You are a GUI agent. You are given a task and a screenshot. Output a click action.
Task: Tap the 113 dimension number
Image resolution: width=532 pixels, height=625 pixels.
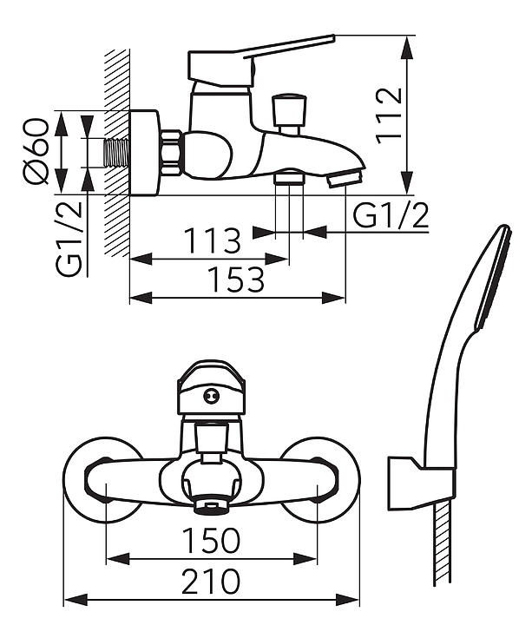pyautogui.click(x=212, y=240)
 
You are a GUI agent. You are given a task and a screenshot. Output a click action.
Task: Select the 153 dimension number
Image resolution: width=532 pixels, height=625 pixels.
pyautogui.click(x=236, y=279)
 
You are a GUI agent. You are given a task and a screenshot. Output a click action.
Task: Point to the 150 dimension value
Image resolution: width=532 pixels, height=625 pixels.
pyautogui.click(x=211, y=540)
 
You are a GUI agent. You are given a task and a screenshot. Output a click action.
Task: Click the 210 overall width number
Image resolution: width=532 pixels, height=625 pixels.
pyautogui.click(x=211, y=581)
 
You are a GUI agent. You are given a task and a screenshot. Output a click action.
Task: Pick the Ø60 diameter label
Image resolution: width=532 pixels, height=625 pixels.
pyautogui.click(x=36, y=152)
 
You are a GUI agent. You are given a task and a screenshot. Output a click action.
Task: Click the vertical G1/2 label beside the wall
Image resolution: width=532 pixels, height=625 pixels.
pyautogui.click(x=69, y=239)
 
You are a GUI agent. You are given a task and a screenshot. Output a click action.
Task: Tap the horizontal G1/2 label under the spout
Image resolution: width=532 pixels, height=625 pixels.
pyautogui.click(x=391, y=215)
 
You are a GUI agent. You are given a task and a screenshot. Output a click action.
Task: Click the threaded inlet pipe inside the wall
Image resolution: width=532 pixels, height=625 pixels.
pyautogui.click(x=116, y=153)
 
